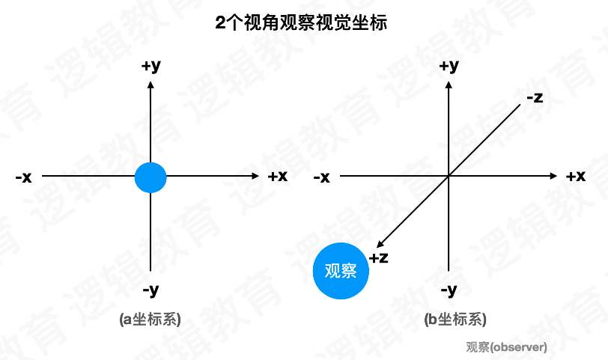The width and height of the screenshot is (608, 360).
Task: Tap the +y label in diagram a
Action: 151,66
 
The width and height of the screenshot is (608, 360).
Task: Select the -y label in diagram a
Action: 151,289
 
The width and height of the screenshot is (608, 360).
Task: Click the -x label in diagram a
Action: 23,177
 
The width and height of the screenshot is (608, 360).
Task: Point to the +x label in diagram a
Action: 278,177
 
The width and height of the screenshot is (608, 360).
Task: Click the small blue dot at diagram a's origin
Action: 151,177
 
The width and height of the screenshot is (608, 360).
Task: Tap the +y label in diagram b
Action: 448,66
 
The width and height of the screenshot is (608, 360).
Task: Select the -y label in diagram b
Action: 448,289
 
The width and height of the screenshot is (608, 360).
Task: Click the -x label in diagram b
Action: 321,177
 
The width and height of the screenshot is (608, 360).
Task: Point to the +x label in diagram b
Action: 575,177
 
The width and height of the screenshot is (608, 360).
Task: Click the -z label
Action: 534,97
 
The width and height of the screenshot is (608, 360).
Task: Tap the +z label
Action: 378,258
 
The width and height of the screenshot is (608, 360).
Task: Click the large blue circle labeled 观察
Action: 341,271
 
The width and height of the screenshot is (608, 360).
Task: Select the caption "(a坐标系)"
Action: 151,320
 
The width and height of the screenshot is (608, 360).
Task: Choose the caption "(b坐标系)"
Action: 455,320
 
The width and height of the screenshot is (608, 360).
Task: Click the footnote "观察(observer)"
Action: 506,347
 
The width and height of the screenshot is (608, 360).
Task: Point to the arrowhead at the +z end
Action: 380,243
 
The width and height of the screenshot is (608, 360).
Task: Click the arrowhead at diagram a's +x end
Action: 255,177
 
